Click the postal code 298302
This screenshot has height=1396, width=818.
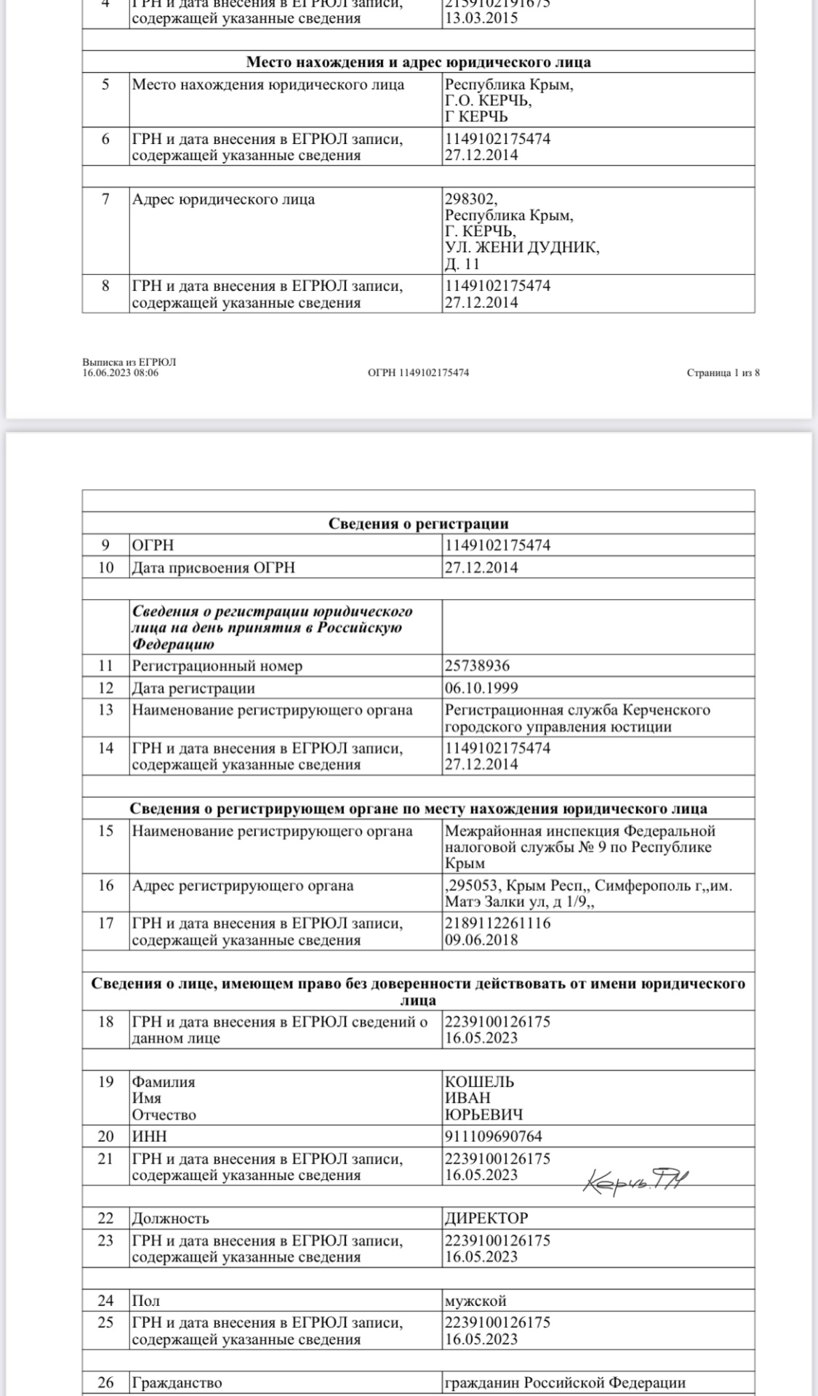tap(470, 199)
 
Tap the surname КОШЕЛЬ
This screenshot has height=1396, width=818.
tap(479, 1082)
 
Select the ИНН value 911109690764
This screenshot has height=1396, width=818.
tap(493, 1136)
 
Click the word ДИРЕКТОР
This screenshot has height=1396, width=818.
tap(486, 1218)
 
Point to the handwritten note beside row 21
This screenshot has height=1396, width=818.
tap(635, 1181)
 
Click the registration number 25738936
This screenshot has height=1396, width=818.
tap(477, 666)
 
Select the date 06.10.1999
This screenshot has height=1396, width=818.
tap(481, 688)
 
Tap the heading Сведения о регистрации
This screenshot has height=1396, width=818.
tap(418, 523)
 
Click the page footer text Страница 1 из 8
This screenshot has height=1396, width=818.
tap(723, 373)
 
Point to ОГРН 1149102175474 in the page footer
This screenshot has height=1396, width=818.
tap(418, 373)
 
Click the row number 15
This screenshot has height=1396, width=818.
tap(106, 831)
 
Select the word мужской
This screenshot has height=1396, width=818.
tap(476, 1301)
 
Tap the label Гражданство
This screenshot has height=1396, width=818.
tap(177, 1383)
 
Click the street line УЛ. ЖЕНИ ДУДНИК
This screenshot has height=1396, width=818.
tap(522, 248)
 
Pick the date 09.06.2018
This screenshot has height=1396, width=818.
tap(481, 939)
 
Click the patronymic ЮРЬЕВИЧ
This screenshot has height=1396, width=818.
tap(484, 1115)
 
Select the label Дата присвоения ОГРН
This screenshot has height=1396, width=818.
tap(213, 568)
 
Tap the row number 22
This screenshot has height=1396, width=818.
tap(106, 1218)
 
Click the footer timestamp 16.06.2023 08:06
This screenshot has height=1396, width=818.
tap(121, 373)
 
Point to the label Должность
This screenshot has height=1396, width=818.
tap(170, 1218)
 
